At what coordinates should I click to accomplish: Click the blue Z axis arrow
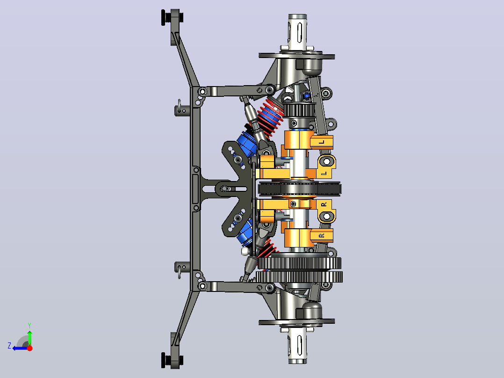click(20, 348)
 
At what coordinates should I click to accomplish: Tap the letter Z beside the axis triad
click(9, 346)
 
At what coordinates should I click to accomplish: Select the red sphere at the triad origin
click(29, 348)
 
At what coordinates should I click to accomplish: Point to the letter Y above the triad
click(29, 325)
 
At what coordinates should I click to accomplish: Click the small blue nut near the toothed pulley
click(306, 95)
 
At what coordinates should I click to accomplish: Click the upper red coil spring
click(271, 116)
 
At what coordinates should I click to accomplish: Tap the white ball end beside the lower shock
click(245, 251)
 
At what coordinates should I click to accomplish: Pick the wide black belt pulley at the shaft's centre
click(299, 189)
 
